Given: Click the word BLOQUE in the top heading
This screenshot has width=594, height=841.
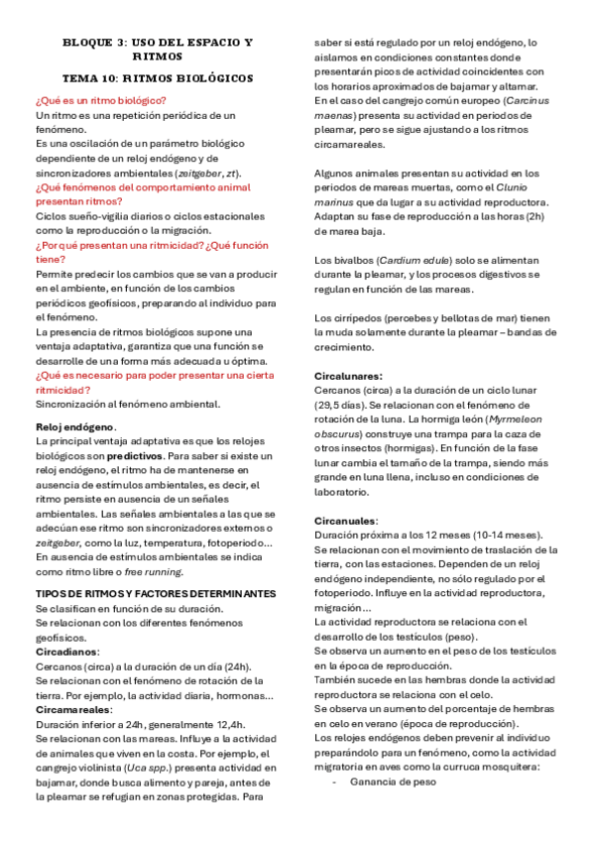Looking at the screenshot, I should point(84,43).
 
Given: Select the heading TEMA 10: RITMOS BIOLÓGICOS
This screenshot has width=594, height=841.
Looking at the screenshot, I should point(158,77).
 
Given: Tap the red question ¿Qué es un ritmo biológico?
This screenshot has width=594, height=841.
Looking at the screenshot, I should point(100,101).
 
